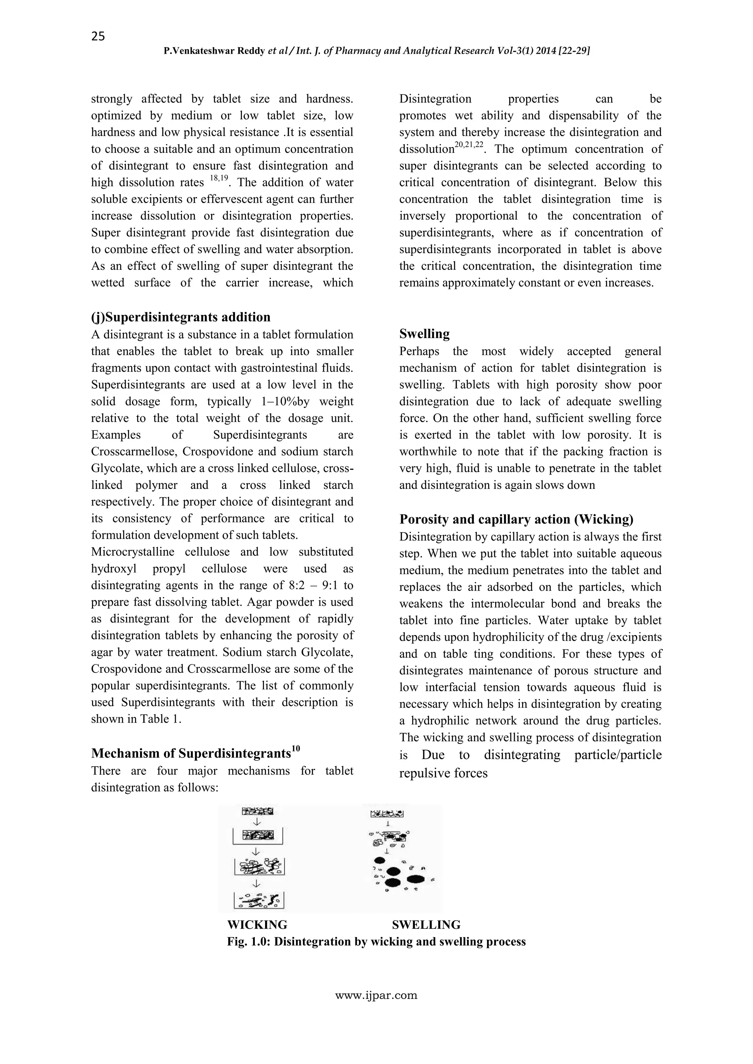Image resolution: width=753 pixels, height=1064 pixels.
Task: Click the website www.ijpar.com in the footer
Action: coord(376,995)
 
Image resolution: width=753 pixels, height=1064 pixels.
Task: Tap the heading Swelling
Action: coord(424,334)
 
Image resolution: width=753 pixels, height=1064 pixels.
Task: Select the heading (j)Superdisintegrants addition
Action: coord(181,318)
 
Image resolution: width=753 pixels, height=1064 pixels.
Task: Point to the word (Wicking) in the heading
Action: coord(603,519)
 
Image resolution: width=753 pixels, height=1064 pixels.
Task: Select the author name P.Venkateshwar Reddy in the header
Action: coord(215,51)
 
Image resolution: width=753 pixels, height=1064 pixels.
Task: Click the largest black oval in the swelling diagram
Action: coord(416,879)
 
